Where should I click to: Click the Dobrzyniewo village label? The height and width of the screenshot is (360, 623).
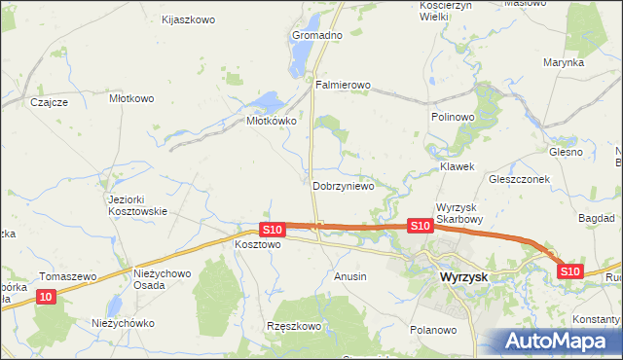coord(343,185)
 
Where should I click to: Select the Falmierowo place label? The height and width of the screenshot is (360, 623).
coord(343,85)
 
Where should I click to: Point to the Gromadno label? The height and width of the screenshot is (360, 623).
coord(317,35)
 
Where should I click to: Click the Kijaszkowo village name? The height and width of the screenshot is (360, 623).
coord(188,19)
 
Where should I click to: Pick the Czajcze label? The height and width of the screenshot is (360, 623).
coord(48,101)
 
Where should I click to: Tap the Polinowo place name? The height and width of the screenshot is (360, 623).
coord(452,116)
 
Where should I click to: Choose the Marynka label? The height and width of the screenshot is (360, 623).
coord(564,61)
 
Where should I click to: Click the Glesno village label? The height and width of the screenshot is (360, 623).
coord(565,152)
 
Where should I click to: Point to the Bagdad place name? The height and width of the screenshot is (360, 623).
coord(596,218)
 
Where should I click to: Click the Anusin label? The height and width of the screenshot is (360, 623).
coord(350,276)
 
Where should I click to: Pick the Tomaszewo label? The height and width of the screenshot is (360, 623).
coord(67,276)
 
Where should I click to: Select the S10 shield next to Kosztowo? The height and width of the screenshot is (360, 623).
coord(273,230)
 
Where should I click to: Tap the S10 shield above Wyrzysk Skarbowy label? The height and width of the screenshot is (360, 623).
coord(420,226)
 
